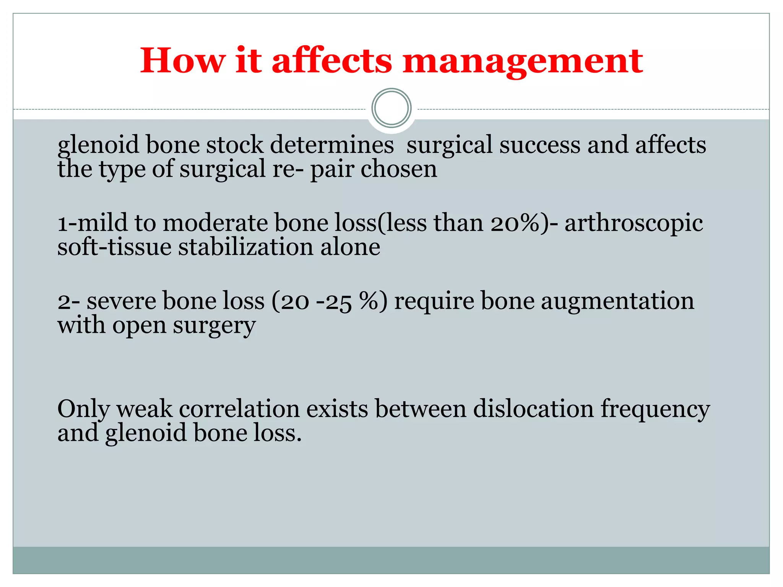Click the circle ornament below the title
point(391,108)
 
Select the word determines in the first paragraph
point(332,145)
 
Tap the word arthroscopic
point(634,224)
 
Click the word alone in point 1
point(350,247)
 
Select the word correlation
point(239,409)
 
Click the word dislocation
point(533,409)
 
